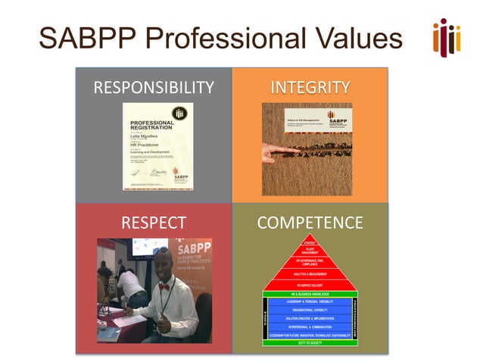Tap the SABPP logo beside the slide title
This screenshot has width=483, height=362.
coord(446,36)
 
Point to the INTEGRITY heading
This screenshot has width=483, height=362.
coord(310,87)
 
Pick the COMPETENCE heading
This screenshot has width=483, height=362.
coord(310,223)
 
